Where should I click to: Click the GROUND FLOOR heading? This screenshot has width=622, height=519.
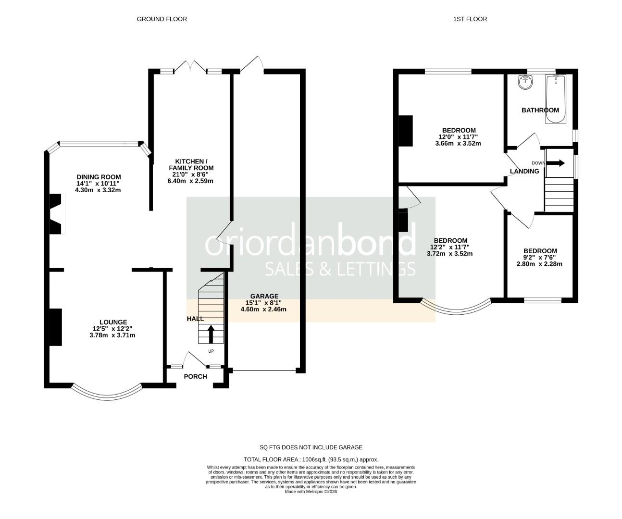(x=162, y=19)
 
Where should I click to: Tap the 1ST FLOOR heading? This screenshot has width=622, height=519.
(x=470, y=19)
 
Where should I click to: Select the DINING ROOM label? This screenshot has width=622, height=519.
(x=99, y=177)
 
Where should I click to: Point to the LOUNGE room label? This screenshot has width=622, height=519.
(x=113, y=322)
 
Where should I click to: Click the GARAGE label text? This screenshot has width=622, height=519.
(x=264, y=296)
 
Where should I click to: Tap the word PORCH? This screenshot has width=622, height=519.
(x=196, y=376)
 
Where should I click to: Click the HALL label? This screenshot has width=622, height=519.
(x=195, y=319)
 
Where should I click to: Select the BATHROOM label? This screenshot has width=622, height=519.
(x=540, y=110)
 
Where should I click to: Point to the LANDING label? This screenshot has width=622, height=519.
(x=524, y=171)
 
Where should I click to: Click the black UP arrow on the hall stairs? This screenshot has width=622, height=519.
(x=211, y=334)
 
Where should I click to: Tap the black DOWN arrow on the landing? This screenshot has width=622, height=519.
(x=555, y=163)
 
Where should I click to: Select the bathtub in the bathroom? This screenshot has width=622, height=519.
(x=556, y=99)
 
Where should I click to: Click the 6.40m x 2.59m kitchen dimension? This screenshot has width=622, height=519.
(x=190, y=181)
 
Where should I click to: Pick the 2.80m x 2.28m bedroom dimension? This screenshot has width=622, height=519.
(x=539, y=264)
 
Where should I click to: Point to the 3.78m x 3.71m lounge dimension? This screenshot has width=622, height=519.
(x=112, y=335)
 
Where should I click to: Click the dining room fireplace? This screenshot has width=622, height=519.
(x=57, y=214)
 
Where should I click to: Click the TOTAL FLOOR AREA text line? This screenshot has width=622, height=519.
(x=311, y=459)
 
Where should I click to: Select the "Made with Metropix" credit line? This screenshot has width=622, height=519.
(x=311, y=492)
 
